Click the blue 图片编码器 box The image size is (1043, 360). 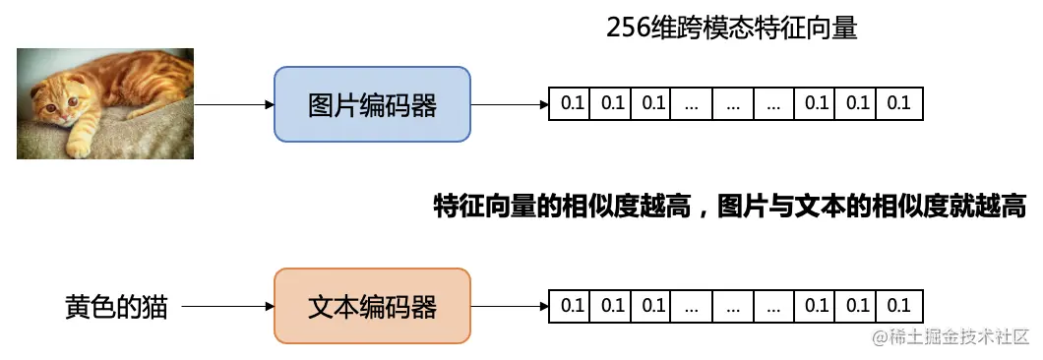pos(372,104)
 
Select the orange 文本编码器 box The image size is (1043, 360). pos(372,306)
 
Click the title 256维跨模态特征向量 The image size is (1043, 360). pos(732,28)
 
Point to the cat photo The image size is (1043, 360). pos(104,105)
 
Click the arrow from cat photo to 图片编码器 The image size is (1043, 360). pos(233,104)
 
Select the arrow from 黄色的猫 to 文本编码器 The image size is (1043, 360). pos(227,307)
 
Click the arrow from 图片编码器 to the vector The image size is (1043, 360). pos(509,104)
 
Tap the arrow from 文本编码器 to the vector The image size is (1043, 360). pos(509,306)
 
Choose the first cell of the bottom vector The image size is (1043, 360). pos(570,306)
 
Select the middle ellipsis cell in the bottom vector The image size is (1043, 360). pos(733,306)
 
